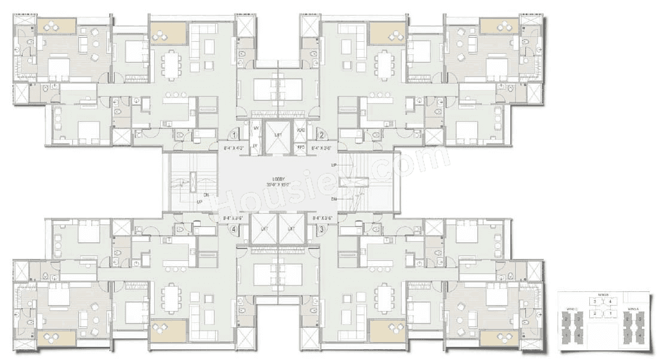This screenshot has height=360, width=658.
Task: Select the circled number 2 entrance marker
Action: point(321,135)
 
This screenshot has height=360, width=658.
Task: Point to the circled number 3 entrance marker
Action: point(321,228)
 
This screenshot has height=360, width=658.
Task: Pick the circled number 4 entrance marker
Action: point(234,228)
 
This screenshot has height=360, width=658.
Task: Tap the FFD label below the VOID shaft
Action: point(301,146)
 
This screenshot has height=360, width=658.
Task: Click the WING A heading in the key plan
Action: point(633,309)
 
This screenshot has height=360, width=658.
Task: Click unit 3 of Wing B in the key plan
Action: point(595,302)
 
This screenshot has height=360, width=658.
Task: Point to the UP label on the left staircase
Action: point(199,202)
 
